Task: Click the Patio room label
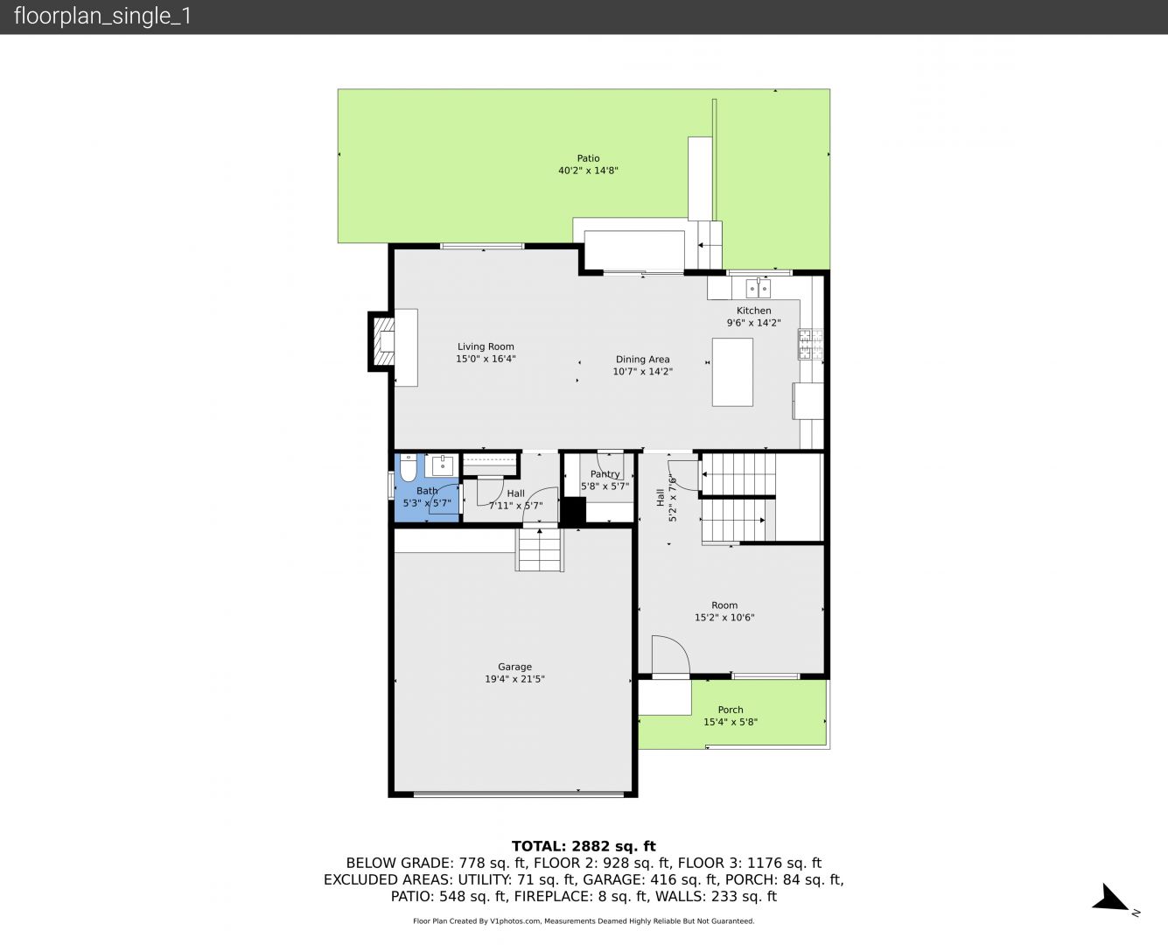pos(588,158)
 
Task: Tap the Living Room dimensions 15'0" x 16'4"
pos(486,359)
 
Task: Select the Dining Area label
pos(642,360)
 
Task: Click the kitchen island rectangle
pos(732,372)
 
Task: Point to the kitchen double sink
pos(758,287)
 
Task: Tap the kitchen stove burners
pos(810,344)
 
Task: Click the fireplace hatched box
pos(383,342)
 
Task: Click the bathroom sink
pos(442,465)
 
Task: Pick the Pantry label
pos(605,474)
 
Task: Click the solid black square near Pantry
pos(574,510)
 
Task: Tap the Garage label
pos(514,667)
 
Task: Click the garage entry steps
pos(540,550)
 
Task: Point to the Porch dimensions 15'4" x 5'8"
pos(731,722)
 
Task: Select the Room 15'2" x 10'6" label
pos(724,611)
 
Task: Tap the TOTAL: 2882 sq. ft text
pos(584,846)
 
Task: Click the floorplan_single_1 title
pos(102,17)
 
